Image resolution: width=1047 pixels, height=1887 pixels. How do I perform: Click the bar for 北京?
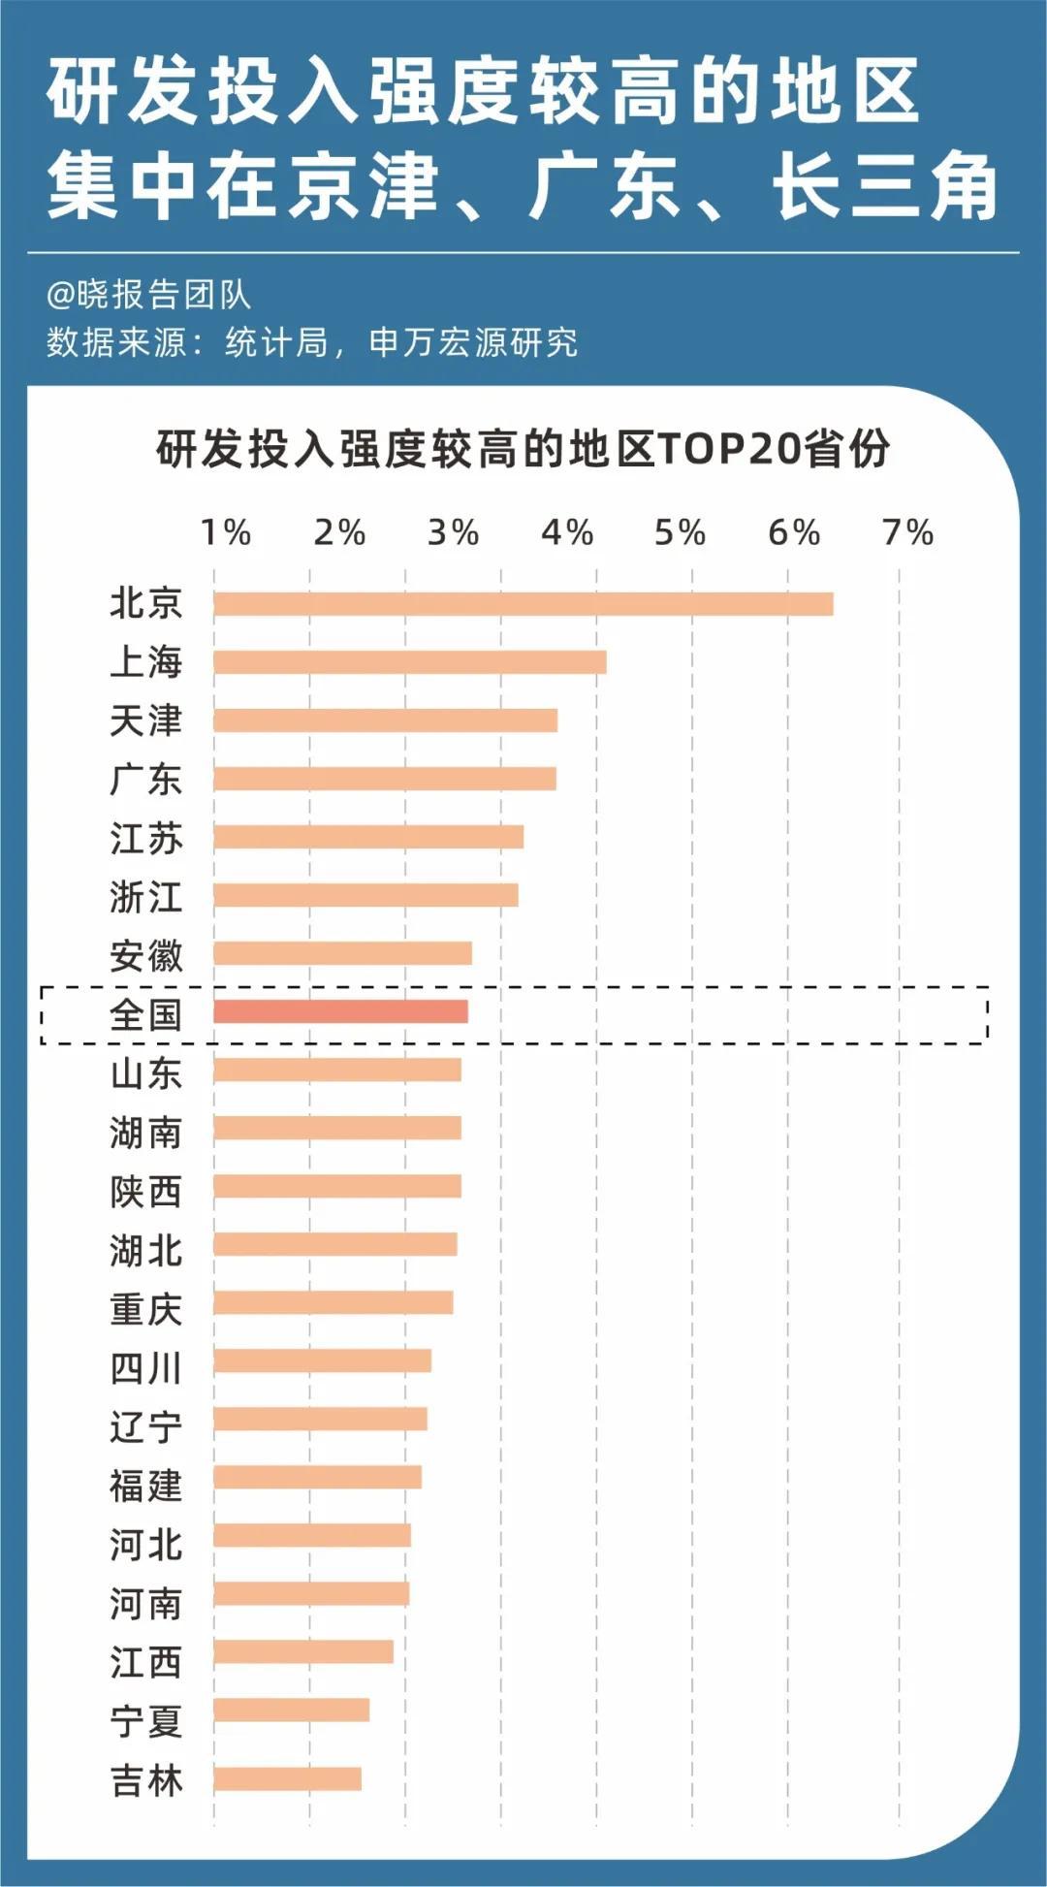(x=523, y=603)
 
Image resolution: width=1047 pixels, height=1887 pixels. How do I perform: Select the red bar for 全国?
(x=340, y=1011)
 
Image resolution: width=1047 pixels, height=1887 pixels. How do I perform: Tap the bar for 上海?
(x=410, y=662)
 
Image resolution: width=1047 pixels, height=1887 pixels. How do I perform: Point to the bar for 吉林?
(x=287, y=1778)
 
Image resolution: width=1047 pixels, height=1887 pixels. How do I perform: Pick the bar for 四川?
(x=322, y=1360)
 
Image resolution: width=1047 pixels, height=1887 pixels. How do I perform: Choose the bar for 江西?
(x=303, y=1651)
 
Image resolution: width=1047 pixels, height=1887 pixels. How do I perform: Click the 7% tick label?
(x=907, y=532)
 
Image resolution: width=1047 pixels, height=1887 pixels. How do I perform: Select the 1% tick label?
(x=225, y=532)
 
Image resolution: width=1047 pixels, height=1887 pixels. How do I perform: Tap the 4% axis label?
(x=566, y=532)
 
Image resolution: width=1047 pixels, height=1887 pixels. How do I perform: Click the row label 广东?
(x=145, y=780)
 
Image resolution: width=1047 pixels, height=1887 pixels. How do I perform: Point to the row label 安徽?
(x=145, y=956)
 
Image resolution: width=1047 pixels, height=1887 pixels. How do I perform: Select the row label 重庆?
(x=145, y=1309)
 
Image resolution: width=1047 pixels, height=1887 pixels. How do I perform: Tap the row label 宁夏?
(x=145, y=1721)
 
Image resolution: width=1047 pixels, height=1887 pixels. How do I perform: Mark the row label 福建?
(x=145, y=1486)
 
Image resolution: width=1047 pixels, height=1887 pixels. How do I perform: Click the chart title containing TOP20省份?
(x=523, y=449)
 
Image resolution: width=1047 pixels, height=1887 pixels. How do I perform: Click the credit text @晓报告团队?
(x=148, y=295)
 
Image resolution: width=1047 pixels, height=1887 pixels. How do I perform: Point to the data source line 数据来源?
(x=311, y=342)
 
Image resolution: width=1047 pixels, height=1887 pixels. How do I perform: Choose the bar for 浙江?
(x=365, y=895)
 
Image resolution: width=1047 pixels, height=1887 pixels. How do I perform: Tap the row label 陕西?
(x=145, y=1192)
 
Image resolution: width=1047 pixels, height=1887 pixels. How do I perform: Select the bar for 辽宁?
(x=320, y=1419)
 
